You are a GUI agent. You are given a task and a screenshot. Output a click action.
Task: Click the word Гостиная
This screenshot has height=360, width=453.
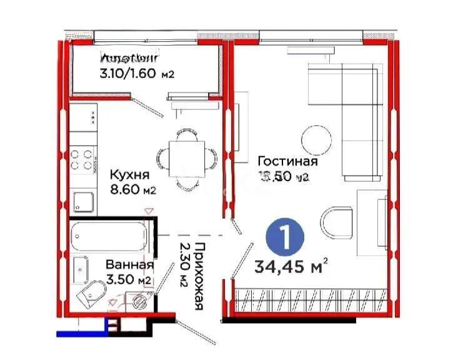(288, 162)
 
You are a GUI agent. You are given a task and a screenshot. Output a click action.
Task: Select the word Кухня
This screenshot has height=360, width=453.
(129, 174)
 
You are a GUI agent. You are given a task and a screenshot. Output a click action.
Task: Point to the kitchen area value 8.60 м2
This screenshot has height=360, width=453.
(132, 189)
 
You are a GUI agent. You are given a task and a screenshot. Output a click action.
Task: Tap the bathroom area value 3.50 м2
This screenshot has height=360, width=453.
(128, 279)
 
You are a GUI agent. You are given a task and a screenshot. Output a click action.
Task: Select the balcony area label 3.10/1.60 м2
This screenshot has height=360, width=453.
(136, 74)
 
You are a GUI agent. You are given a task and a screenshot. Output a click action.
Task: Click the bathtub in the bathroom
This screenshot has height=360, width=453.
(107, 236)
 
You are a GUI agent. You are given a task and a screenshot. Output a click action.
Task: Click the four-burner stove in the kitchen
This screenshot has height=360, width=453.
(81, 159)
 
